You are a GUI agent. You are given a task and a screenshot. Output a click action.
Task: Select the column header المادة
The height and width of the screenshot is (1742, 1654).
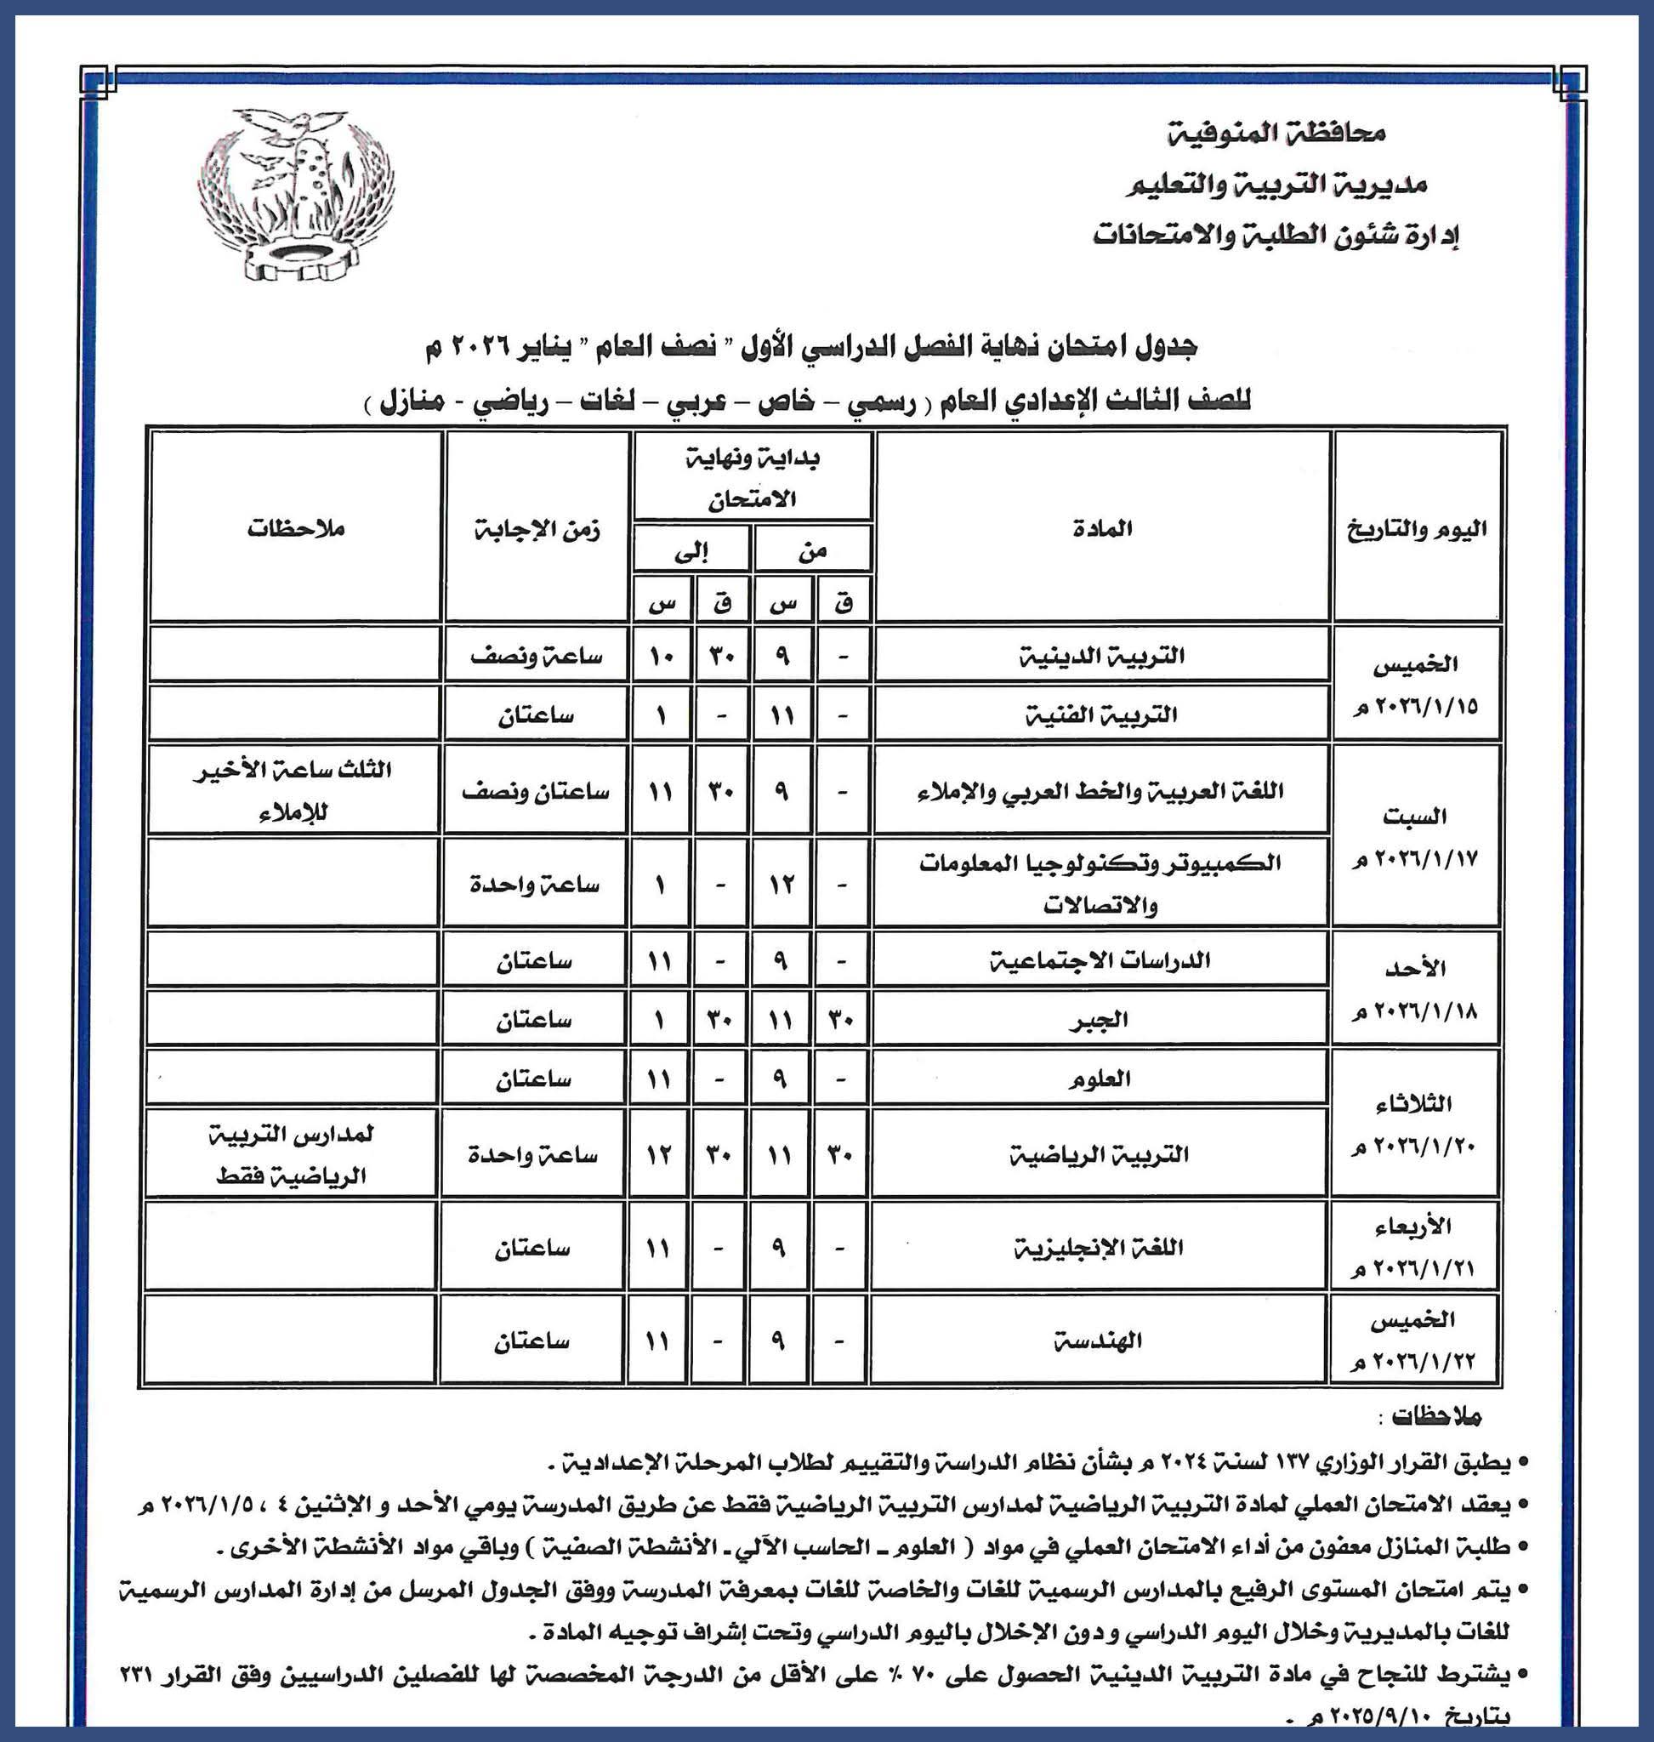point(1102,528)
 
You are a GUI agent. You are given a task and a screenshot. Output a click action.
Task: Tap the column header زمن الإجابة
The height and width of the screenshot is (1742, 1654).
point(536,529)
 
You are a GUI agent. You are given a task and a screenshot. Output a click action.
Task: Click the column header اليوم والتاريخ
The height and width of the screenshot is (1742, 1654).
point(1417,529)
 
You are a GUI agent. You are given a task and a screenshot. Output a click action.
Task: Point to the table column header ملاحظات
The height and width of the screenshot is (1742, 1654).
point(295,529)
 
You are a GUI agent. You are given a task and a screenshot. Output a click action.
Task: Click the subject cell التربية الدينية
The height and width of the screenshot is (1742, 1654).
point(1102,655)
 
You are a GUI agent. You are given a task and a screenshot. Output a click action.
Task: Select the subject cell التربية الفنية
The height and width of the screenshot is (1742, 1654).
point(1102,714)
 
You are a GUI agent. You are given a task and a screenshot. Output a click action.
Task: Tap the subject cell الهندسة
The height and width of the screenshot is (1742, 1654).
point(1099,1341)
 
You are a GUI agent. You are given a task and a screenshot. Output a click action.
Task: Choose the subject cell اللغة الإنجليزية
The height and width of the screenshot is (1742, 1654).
point(1099,1247)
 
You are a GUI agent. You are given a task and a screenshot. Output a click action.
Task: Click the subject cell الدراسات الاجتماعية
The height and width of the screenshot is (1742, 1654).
point(1100,959)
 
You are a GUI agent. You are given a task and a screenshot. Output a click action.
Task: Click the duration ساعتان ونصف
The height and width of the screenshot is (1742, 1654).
point(536,791)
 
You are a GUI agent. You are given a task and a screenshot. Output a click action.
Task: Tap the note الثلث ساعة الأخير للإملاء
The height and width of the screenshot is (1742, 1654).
point(293,790)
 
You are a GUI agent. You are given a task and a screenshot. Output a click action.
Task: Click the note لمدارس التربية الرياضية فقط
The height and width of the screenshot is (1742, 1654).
point(293,1154)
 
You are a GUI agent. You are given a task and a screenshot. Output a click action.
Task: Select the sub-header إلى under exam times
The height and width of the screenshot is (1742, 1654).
point(691,551)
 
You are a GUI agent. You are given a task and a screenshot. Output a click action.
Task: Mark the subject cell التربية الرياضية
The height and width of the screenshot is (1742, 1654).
point(1100,1154)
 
